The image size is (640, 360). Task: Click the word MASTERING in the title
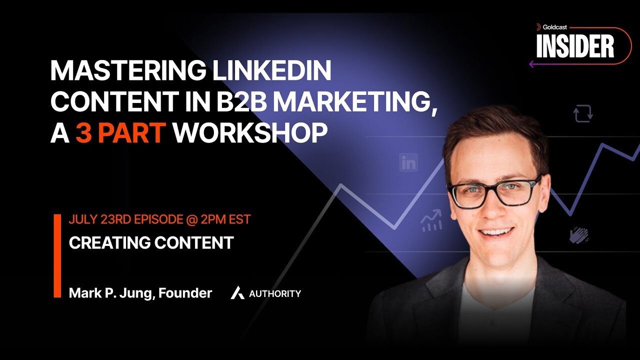[127, 70]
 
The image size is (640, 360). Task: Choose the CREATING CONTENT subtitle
[151, 243]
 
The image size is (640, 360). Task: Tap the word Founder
[185, 293]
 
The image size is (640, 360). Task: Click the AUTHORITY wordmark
[275, 293]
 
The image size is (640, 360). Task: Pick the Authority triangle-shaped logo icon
[237, 293]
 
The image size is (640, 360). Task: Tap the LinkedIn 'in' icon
[408, 162]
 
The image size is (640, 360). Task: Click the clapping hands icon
[579, 235]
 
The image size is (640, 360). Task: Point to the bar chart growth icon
[431, 220]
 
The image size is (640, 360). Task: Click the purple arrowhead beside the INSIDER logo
[531, 64]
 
